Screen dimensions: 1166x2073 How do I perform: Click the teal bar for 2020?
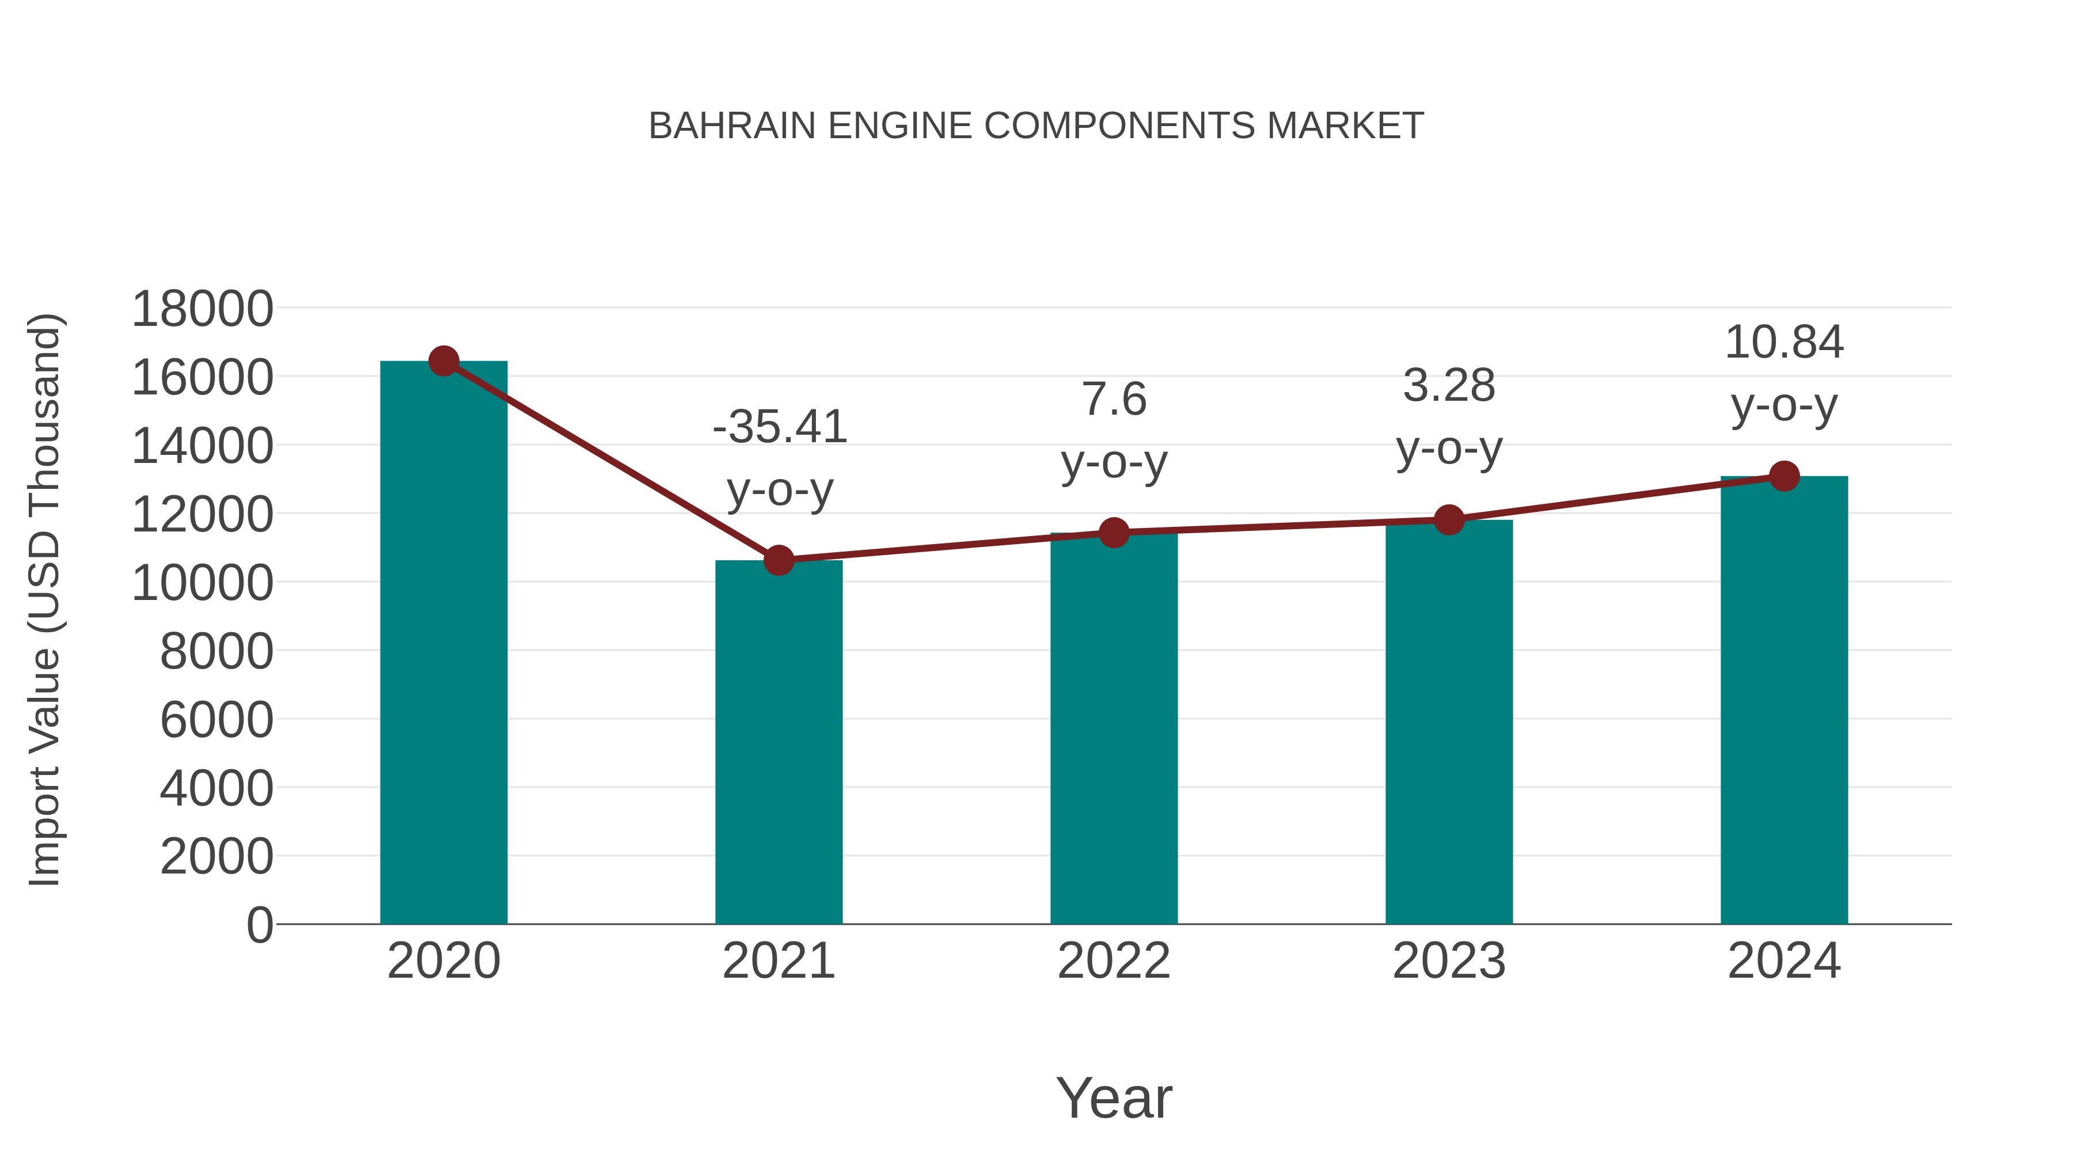click(x=443, y=644)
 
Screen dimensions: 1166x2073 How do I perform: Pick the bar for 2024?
click(x=1784, y=700)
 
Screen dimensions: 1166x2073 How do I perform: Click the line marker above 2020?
click(x=443, y=361)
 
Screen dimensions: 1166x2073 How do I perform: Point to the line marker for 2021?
click(x=778, y=560)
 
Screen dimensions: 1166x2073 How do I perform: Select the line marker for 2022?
click(x=1114, y=532)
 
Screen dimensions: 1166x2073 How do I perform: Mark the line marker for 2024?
click(x=1784, y=476)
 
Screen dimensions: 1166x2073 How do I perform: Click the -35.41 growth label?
click(x=780, y=427)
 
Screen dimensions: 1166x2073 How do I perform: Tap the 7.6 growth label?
click(x=1115, y=399)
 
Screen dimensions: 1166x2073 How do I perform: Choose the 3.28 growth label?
click(x=1449, y=385)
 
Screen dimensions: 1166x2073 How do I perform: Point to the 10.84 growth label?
click(x=1784, y=342)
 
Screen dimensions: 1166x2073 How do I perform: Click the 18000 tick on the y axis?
click(x=202, y=309)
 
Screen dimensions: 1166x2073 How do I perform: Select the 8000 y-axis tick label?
click(x=217, y=651)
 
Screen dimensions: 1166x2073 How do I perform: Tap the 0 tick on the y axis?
click(x=260, y=925)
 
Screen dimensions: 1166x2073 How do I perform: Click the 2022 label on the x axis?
click(x=1114, y=961)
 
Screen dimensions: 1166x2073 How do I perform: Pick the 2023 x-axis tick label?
click(x=1449, y=961)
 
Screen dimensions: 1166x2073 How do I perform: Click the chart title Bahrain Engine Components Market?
click(x=1036, y=126)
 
